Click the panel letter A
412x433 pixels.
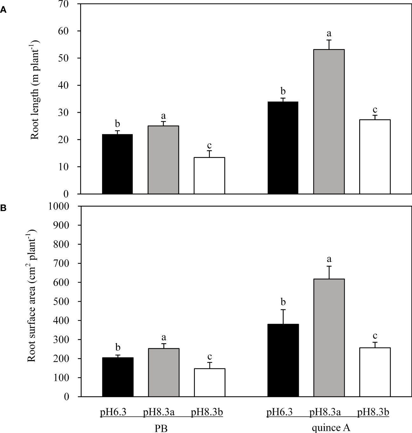pyautogui.click(x=3, y=10)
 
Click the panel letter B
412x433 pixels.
pyautogui.click(x=3, y=209)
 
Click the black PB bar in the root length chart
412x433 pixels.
pyautogui.click(x=117, y=164)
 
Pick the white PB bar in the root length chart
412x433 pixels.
pyautogui.click(x=209, y=175)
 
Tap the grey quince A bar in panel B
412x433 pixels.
pyautogui.click(x=329, y=337)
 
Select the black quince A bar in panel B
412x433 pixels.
pyautogui.click(x=283, y=360)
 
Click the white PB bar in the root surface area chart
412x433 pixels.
pyautogui.click(x=209, y=382)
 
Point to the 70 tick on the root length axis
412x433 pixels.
pyautogui.click(x=70, y=4)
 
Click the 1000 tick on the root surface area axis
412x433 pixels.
pyautogui.click(x=63, y=206)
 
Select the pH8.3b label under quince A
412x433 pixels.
pyautogui.click(x=373, y=413)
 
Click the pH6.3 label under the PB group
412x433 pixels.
pyautogui.click(x=113, y=413)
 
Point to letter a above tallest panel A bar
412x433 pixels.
pyautogui.click(x=329, y=33)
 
